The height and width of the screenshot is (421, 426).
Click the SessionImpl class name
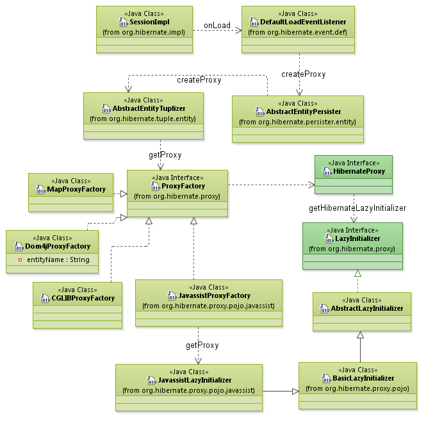(x=149, y=22)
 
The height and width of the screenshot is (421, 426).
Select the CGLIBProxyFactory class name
(x=82, y=297)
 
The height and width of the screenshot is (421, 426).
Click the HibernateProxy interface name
(x=358, y=171)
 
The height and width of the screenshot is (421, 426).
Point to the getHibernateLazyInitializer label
(x=357, y=208)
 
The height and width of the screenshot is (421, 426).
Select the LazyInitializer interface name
(x=357, y=238)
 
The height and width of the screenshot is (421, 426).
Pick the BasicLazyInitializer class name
(x=363, y=378)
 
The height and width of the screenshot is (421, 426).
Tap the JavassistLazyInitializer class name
(x=193, y=380)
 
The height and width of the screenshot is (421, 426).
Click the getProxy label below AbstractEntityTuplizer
(x=165, y=154)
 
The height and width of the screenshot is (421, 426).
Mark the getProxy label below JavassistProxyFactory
(x=202, y=345)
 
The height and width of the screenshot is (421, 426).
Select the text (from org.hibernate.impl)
(x=144, y=31)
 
